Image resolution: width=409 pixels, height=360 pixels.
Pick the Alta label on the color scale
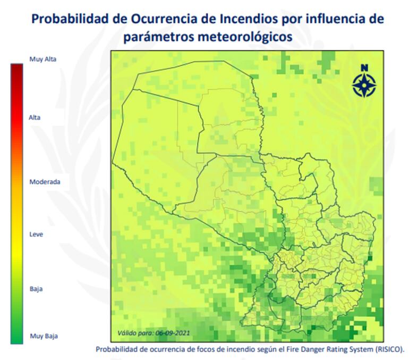35,118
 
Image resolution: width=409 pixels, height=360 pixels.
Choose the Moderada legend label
45,182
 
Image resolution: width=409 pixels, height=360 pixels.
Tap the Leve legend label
36,234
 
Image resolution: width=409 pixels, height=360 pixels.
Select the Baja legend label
36,289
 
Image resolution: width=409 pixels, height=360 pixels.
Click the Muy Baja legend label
44,336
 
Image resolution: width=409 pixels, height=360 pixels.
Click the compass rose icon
364,85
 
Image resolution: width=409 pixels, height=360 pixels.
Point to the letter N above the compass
364,68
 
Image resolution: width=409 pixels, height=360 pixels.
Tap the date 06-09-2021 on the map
173,333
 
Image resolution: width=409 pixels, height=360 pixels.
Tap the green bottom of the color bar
16,339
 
